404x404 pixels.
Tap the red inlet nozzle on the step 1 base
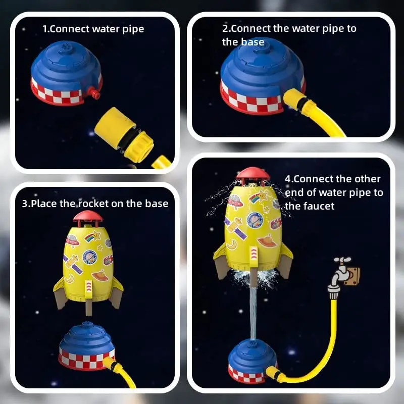(93, 93)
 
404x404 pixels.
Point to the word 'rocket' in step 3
(94, 204)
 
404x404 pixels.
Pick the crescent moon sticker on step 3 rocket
(69, 278)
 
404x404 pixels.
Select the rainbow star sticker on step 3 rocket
(92, 236)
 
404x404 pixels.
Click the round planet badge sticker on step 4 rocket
(255, 220)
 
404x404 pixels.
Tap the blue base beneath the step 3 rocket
(86, 345)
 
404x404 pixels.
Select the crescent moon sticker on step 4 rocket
(232, 244)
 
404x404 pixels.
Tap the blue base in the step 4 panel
(252, 361)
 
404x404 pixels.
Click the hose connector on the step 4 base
(275, 374)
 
